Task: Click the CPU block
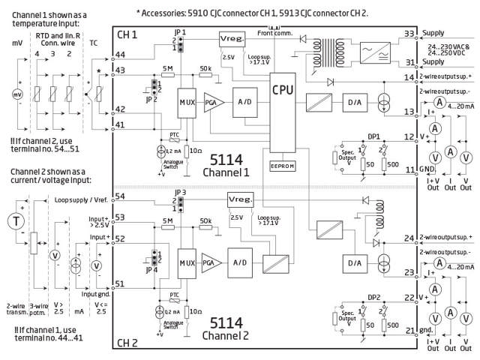283,89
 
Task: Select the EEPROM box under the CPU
283,165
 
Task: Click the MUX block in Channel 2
187,263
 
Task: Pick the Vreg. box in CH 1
230,38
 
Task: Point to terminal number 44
121,55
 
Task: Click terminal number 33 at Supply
409,34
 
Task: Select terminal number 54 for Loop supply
121,196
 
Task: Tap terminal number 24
409,239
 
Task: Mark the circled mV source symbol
18,94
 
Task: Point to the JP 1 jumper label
178,32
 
